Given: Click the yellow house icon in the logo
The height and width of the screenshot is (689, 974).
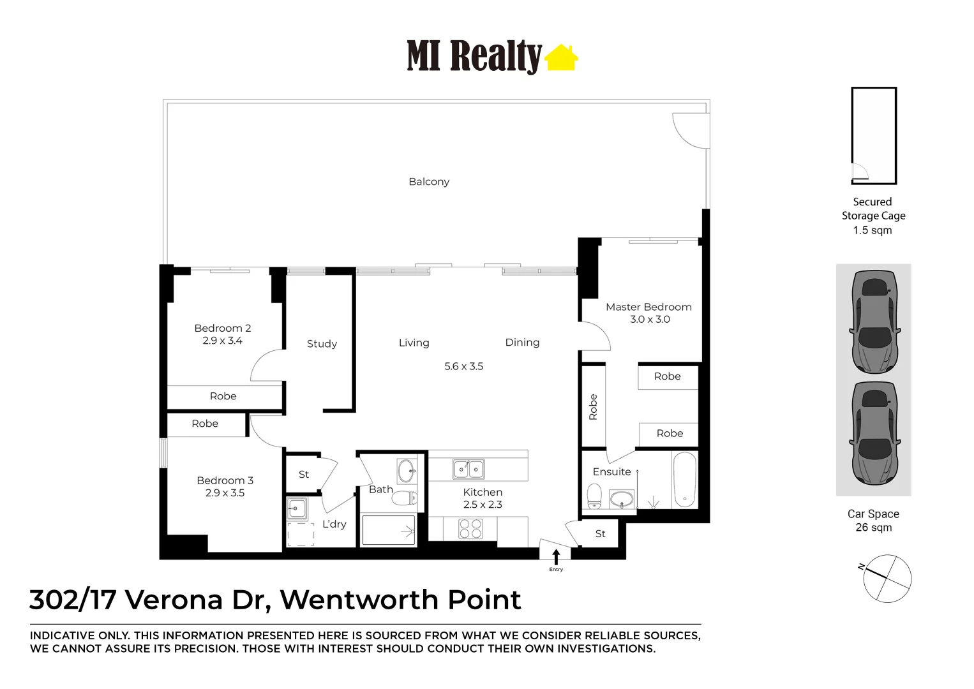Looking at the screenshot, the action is tap(561, 57).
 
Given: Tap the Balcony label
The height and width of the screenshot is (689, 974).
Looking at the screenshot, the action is tap(429, 182).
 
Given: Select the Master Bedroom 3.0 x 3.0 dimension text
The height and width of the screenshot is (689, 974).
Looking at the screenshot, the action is tap(650, 319).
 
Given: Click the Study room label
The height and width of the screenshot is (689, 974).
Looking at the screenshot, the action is tap(322, 344).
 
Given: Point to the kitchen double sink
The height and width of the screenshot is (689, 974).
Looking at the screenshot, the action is tap(468, 469).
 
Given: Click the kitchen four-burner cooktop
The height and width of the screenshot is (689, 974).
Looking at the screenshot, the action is tap(470, 529).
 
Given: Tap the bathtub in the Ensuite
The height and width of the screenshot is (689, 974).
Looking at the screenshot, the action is tap(684, 480).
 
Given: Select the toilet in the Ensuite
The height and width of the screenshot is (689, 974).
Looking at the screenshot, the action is tap(594, 496).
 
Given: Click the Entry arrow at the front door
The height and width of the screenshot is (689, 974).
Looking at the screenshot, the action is tap(556, 557).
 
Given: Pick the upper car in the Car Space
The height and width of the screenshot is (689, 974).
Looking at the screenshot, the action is tap(874, 322).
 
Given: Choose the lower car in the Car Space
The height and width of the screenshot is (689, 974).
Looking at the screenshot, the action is tap(874, 433).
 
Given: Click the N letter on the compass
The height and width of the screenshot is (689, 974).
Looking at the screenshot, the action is tap(861, 567).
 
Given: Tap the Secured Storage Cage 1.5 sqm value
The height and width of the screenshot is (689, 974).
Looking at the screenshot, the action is tap(873, 230).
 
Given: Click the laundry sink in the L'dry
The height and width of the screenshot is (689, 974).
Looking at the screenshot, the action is tap(297, 508).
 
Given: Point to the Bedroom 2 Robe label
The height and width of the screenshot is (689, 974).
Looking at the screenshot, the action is tap(223, 396).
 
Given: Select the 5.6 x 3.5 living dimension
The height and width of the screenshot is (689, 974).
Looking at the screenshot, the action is tap(463, 366).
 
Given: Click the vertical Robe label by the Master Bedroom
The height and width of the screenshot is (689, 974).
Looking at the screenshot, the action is tap(593, 407).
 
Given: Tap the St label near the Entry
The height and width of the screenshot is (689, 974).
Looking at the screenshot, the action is tap(601, 534).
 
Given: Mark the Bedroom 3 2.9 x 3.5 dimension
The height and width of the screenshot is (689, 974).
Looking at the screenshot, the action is tap(225, 493).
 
